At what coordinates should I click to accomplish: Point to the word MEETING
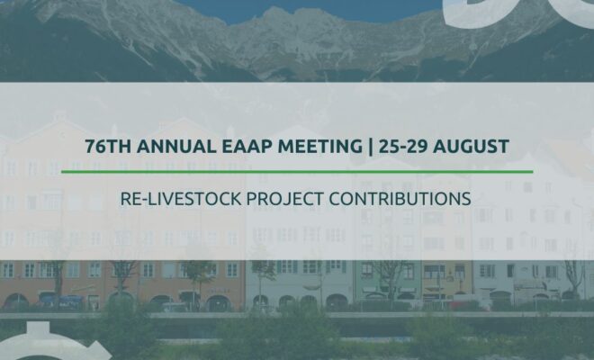pos(320,147)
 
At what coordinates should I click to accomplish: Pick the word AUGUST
pos(471,147)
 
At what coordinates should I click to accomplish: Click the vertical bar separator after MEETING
pos(370,147)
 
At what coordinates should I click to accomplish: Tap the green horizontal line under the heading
pos(297,172)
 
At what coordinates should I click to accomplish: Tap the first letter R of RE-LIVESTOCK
pos(126,199)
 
